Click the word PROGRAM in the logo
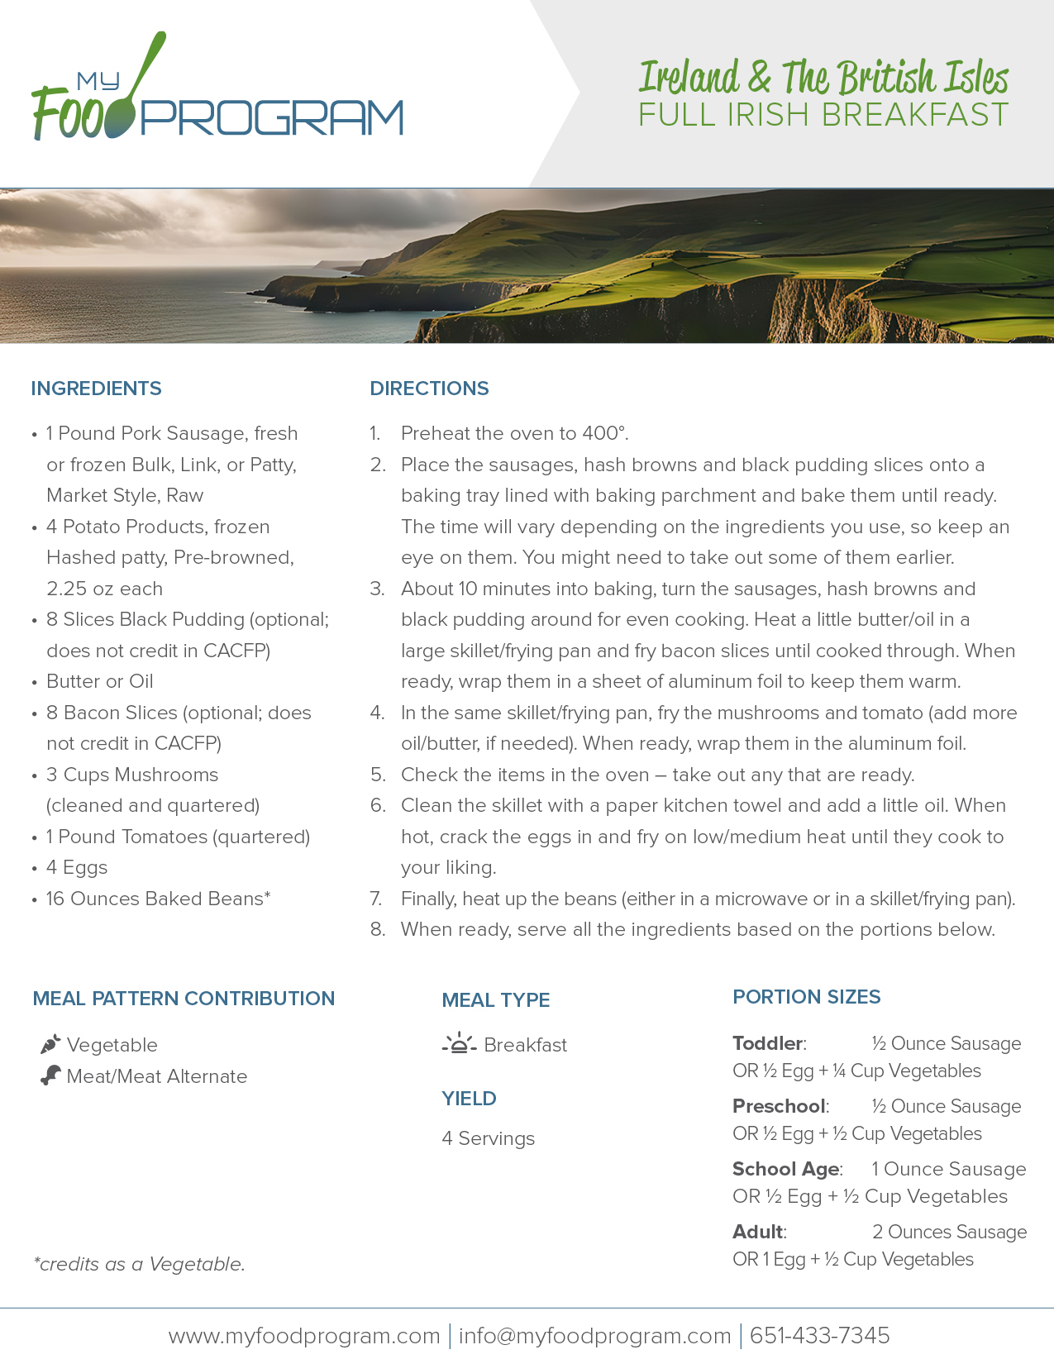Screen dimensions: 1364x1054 273,118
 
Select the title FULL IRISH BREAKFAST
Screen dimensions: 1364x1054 823,115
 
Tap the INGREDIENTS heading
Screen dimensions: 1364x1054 96,389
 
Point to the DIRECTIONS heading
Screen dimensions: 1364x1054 429,389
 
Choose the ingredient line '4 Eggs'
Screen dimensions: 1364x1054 77,867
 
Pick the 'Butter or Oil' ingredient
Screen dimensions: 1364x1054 99,681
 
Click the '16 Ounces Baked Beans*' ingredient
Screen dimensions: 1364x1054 158,899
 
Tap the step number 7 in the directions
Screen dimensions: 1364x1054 375,899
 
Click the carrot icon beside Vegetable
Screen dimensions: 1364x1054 50,1044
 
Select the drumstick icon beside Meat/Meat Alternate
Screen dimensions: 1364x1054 50,1075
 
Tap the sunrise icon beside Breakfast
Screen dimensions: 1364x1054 459,1044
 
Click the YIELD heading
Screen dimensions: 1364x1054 469,1099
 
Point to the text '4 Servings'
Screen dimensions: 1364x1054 488,1138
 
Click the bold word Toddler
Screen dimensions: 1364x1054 767,1043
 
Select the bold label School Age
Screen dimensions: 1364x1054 785,1169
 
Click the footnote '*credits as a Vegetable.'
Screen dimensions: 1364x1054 139,1264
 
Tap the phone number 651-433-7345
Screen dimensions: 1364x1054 819,1335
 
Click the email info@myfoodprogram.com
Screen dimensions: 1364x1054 594,1335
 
